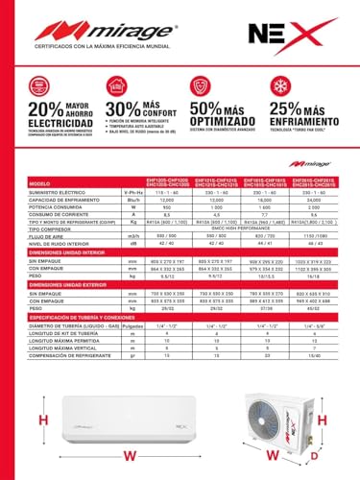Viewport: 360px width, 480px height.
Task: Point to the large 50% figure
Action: (x=206, y=111)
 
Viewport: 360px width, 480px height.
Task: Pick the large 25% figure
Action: (x=289, y=111)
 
